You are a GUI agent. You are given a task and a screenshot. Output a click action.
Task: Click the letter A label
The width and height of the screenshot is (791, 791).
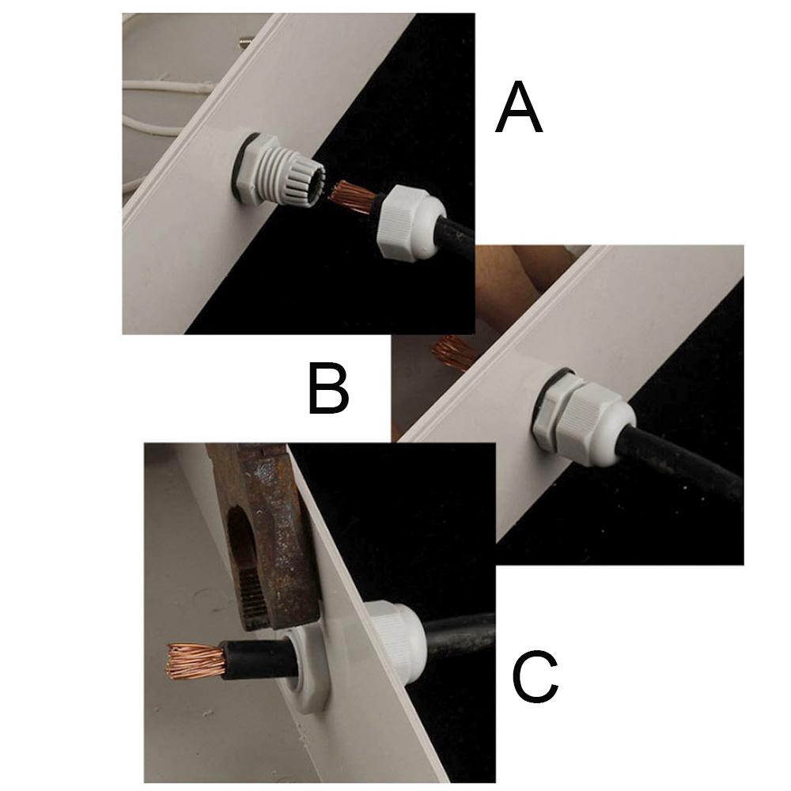tap(519, 108)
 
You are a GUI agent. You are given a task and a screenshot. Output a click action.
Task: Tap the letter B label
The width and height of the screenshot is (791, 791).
tap(328, 390)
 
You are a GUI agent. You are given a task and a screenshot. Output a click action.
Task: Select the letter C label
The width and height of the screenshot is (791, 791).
tap(535, 676)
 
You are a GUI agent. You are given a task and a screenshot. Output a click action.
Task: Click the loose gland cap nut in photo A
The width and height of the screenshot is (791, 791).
tap(411, 221)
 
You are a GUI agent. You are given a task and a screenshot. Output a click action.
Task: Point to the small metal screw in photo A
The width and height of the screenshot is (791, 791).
tap(244, 41)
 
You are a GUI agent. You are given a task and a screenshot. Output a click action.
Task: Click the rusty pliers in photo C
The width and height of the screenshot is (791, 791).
tap(263, 535)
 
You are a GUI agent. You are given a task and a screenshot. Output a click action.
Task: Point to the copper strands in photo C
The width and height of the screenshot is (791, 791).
tap(195, 660)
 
